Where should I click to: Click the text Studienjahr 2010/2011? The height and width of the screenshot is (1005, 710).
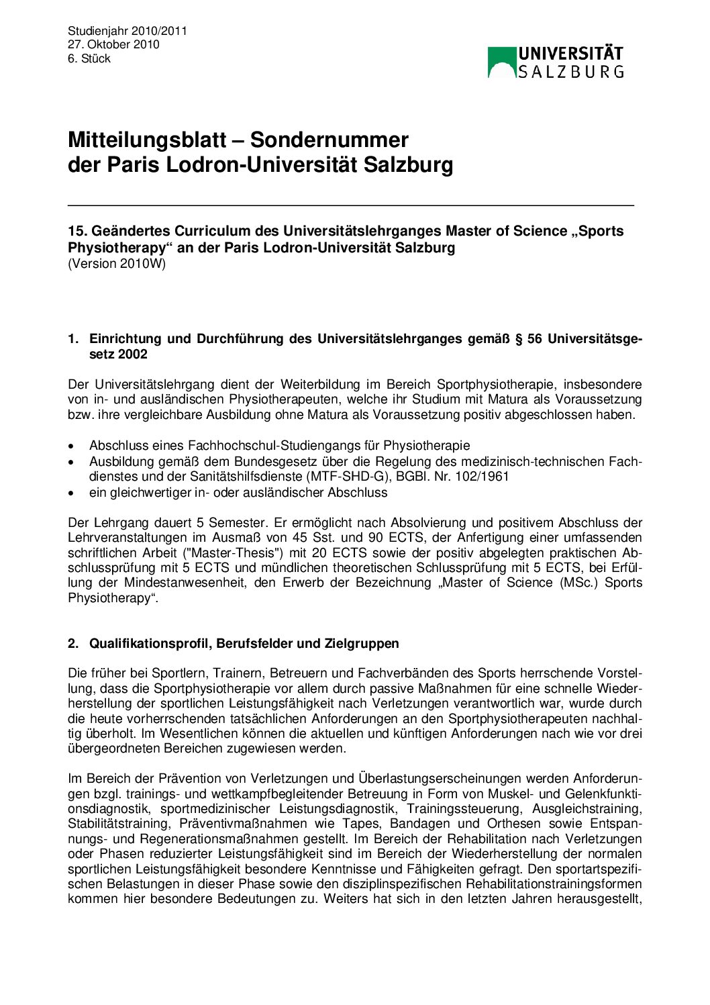127,31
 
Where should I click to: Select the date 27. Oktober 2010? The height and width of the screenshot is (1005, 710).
113,45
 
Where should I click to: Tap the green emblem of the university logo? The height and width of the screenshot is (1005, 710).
501,62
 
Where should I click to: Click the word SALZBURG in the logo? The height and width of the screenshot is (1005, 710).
571,71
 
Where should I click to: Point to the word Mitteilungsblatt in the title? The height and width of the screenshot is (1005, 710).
147,140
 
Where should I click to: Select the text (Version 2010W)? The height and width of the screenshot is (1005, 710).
117,264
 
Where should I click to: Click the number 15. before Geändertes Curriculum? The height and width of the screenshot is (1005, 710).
77,232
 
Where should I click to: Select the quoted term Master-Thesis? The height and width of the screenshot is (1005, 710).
230,553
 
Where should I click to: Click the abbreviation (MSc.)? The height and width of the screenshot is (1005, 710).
578,583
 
